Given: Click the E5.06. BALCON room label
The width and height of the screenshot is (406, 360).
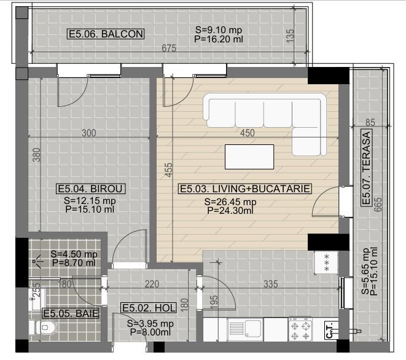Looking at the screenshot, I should click(x=106, y=34).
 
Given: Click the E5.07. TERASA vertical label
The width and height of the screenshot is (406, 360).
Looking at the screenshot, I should click(x=367, y=168).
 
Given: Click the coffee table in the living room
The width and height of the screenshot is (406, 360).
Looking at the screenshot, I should click(x=249, y=156).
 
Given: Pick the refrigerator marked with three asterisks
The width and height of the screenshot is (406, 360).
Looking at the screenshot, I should click(x=322, y=263).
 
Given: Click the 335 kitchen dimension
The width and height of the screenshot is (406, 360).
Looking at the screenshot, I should click(x=271, y=284).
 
